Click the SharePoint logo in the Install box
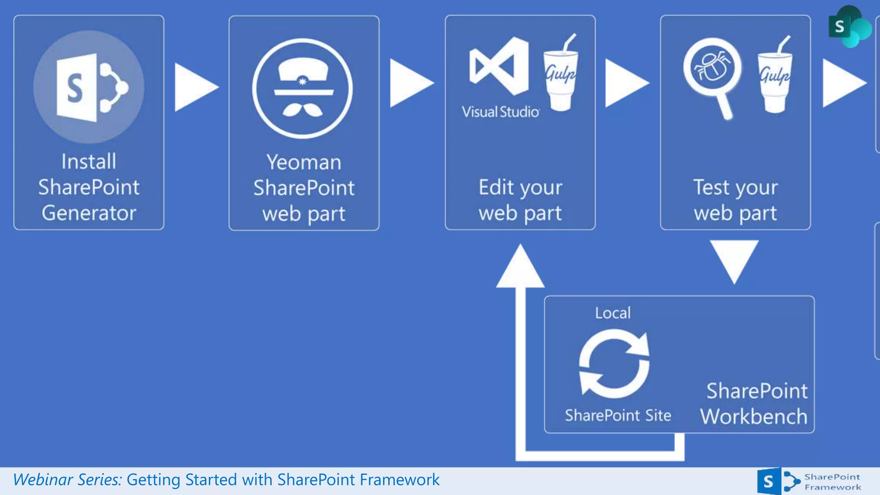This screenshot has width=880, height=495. (x=89, y=87)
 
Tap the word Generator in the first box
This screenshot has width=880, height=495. (x=89, y=213)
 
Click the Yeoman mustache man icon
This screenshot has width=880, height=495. (x=302, y=89)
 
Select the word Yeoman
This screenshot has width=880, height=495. (x=303, y=162)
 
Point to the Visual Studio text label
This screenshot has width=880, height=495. (x=500, y=112)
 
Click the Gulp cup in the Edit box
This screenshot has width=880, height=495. (x=560, y=75)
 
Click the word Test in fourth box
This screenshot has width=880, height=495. (x=711, y=187)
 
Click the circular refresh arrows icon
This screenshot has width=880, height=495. (x=614, y=364)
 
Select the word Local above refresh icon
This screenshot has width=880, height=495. (x=613, y=313)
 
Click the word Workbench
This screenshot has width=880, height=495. (x=754, y=416)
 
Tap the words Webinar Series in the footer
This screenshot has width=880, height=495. (x=67, y=480)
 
